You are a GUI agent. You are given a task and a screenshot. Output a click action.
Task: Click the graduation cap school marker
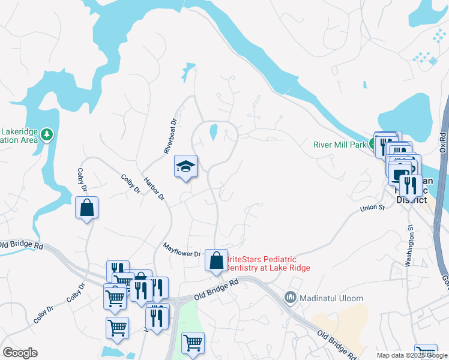click(x=185, y=166)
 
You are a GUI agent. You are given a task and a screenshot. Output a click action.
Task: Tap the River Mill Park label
click(x=340, y=145)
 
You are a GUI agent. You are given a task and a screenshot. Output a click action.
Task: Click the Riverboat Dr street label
click(x=172, y=136)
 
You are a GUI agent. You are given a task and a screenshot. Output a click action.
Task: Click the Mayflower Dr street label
click(x=182, y=250)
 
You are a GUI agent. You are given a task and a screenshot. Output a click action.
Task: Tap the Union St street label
click(x=372, y=208)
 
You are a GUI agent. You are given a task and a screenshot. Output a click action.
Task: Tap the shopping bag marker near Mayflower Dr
click(x=216, y=260)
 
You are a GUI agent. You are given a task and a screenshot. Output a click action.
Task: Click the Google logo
click(x=20, y=353)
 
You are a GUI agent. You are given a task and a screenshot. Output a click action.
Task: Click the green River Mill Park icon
click(x=372, y=145)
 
